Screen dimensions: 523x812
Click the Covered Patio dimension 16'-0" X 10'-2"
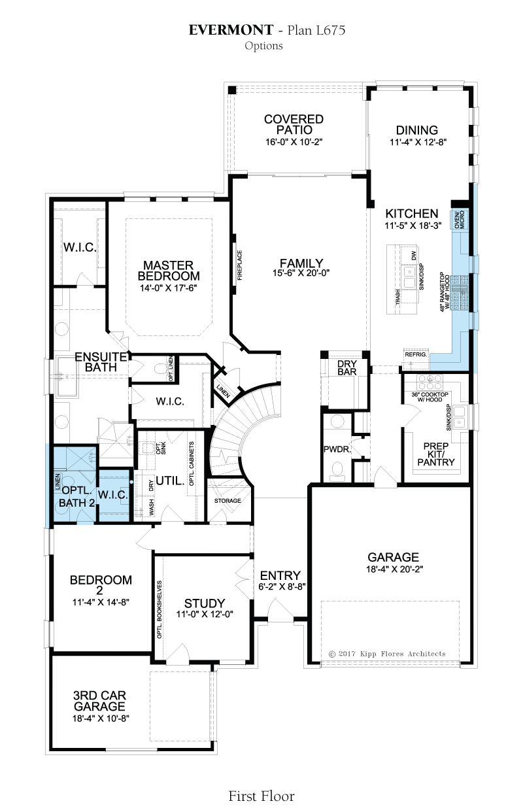tap(294, 142)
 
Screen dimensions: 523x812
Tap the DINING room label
tap(417, 130)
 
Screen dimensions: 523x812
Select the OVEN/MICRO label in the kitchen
tap(459, 219)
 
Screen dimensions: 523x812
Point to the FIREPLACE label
tap(239, 265)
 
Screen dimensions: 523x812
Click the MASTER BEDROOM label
tap(169, 271)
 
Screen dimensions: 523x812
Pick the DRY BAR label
tap(347, 367)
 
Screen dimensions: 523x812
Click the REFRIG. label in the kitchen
tap(416, 354)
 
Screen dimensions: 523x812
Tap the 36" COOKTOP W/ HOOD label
tap(430, 397)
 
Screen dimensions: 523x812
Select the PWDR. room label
tap(337, 450)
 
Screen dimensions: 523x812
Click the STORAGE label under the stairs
tap(228, 501)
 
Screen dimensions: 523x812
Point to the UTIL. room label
tap(171, 481)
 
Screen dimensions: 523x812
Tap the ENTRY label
tap(280, 575)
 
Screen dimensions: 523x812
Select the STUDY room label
tap(205, 603)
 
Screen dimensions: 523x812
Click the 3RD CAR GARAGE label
tap(99, 701)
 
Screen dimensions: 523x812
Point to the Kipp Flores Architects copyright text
tap(387, 654)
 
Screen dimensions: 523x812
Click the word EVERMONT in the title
tap(231, 30)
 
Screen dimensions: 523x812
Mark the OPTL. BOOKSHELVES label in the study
tap(159, 609)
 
